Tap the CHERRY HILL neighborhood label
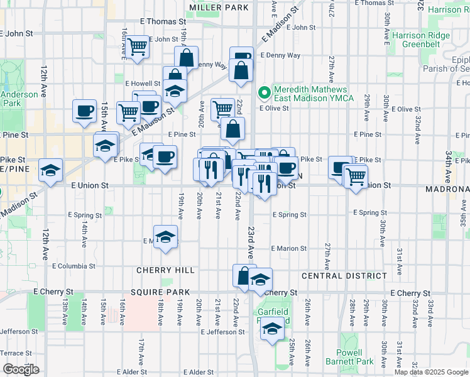coord(166,270)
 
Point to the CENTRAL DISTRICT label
coord(344,276)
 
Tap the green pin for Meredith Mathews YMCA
coord(265,94)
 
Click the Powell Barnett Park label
coord(350,357)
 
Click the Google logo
coord(21,369)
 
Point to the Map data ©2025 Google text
coord(430,372)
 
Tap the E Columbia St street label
coord(73,266)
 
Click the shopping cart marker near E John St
coord(136,46)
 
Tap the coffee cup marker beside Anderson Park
coord(84,112)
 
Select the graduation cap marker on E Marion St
coord(166,237)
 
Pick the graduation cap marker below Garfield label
coord(272,328)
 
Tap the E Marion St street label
coord(289,248)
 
